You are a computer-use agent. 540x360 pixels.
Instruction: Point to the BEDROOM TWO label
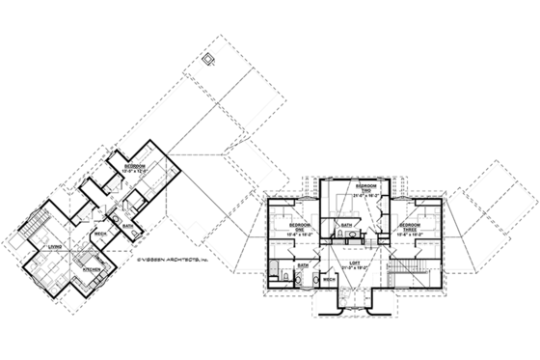364,187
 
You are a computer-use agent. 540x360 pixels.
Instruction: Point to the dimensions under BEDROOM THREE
414,235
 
